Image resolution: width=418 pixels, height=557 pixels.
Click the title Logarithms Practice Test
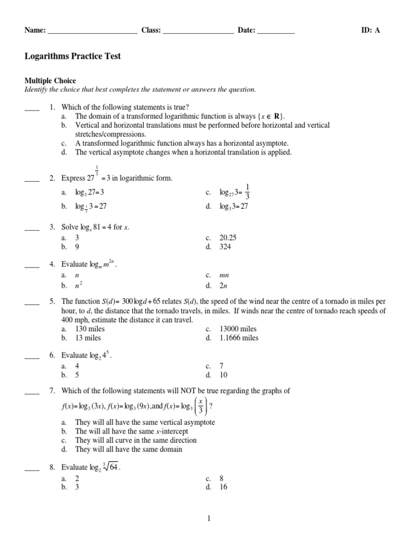tap(73, 56)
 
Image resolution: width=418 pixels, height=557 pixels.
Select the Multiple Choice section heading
tap(51, 81)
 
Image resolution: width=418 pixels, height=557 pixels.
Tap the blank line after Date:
tap(275, 31)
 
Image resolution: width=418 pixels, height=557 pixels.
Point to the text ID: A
tap(371, 30)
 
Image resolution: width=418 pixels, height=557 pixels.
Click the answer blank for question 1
tap(32, 108)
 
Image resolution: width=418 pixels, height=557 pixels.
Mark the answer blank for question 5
tap(32, 301)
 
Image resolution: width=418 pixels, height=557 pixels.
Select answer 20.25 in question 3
tap(228, 238)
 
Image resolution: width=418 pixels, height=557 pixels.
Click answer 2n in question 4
tap(224, 285)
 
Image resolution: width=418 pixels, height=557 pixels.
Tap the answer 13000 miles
tap(238, 329)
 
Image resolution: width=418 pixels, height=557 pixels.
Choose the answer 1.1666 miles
tap(239, 338)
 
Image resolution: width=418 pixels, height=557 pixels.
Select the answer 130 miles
tap(90, 329)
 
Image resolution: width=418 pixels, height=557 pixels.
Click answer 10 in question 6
tap(224, 375)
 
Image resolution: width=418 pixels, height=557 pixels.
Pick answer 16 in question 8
tap(224, 487)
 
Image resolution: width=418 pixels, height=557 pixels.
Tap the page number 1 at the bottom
tap(208, 518)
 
